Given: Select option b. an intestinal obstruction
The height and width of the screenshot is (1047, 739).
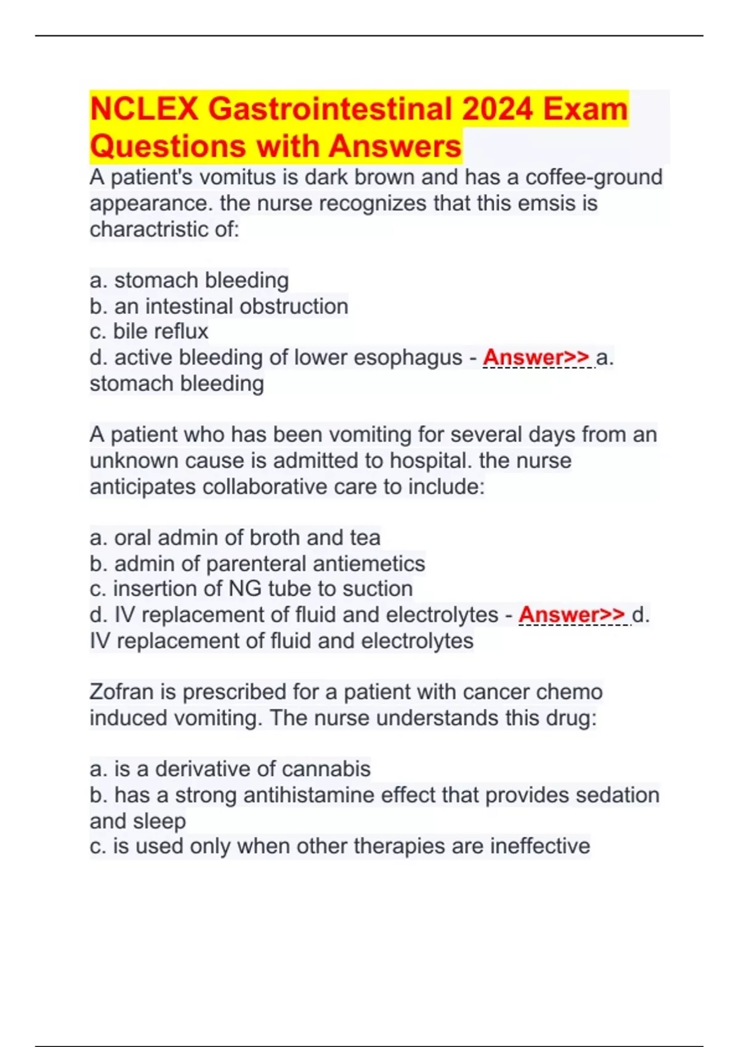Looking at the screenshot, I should (x=219, y=306).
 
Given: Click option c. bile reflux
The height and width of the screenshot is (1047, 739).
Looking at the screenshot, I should (x=149, y=331).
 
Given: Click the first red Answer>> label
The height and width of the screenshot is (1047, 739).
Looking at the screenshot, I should (x=536, y=357).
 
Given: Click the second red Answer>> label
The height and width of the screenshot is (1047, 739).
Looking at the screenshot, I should (x=571, y=615).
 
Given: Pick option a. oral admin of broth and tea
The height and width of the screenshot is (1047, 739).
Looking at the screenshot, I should (x=235, y=538).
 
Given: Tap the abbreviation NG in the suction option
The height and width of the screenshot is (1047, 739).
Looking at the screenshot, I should (x=245, y=589).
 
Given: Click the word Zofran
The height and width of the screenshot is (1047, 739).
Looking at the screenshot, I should (x=122, y=692).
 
